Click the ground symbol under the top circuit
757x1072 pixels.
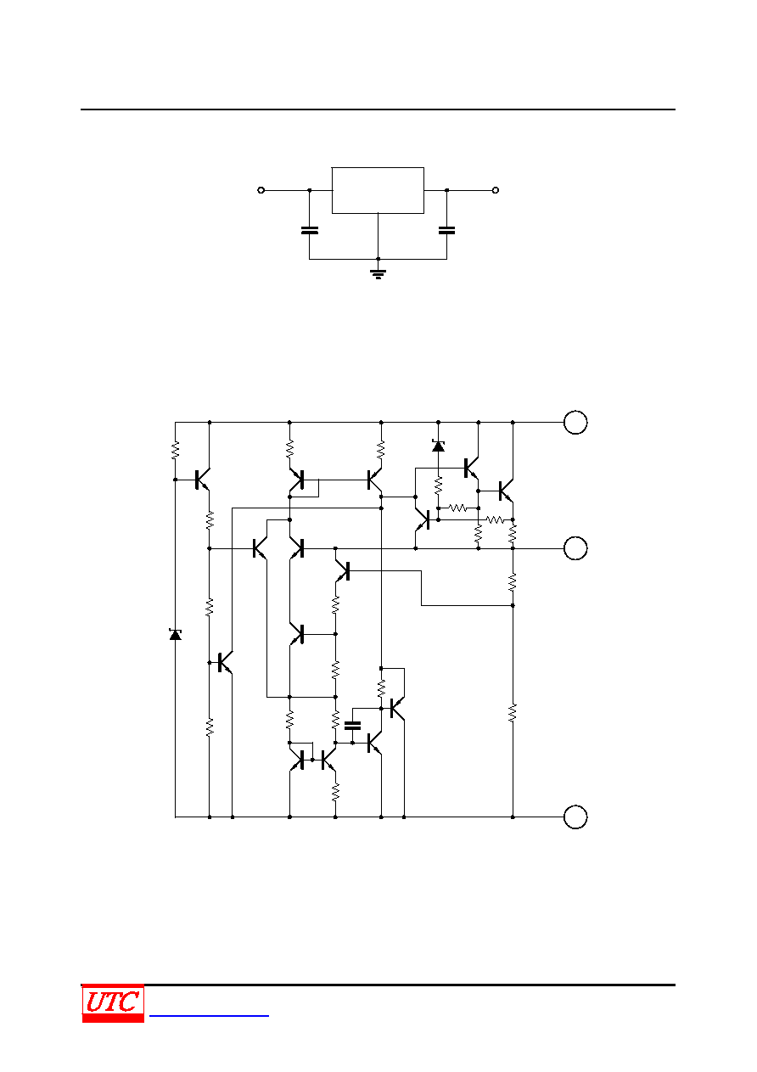pyautogui.click(x=378, y=274)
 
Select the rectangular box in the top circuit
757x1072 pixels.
pyautogui.click(x=378, y=190)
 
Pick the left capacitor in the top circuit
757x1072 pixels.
pyautogui.click(x=310, y=231)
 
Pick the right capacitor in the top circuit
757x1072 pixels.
pyautogui.click(x=447, y=231)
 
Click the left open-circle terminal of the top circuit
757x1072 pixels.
pyautogui.click(x=261, y=190)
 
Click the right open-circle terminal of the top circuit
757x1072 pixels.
pyautogui.click(x=496, y=190)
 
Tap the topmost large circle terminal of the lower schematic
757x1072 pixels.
pyautogui.click(x=575, y=423)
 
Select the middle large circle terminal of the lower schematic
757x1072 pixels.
pyautogui.click(x=575, y=548)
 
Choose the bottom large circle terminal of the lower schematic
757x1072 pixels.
pyautogui.click(x=575, y=817)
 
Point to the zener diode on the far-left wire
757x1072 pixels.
pyautogui.click(x=176, y=635)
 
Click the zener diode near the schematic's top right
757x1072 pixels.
pyautogui.click(x=438, y=446)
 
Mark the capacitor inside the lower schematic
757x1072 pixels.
pyautogui.click(x=353, y=726)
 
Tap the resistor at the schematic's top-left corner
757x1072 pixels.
pyautogui.click(x=176, y=451)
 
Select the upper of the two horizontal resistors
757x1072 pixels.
pyautogui.click(x=458, y=508)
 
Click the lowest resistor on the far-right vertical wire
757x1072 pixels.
pyautogui.click(x=513, y=713)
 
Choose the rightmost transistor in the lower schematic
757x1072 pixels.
pyautogui.click(x=506, y=491)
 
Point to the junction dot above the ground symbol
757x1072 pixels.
pyautogui.click(x=378, y=259)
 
